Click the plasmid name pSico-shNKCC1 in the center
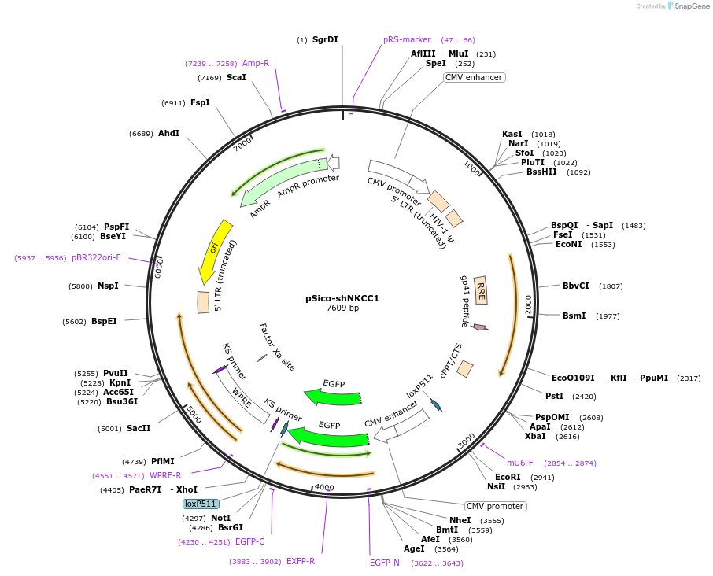(342, 298)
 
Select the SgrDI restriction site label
(325, 39)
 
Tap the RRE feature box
(480, 290)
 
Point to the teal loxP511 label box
(201, 504)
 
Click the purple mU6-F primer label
(519, 463)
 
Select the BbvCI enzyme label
(575, 286)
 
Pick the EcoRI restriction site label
(508, 477)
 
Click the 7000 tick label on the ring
(242, 144)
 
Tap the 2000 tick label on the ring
(528, 305)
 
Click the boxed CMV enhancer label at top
(474, 77)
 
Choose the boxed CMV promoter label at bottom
(494, 506)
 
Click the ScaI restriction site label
(236, 77)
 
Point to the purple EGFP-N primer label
(385, 563)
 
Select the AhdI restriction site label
(168, 133)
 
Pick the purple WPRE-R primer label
(165, 475)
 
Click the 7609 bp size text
(342, 308)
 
